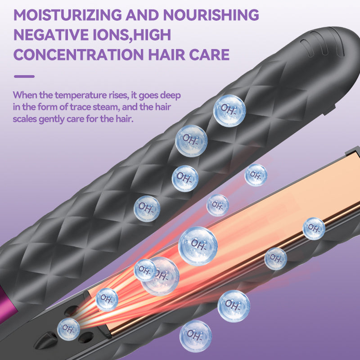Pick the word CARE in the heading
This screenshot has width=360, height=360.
[x=211, y=55]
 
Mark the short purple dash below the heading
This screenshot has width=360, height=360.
[x=24, y=76]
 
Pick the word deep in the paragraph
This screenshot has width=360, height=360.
[x=172, y=96]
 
